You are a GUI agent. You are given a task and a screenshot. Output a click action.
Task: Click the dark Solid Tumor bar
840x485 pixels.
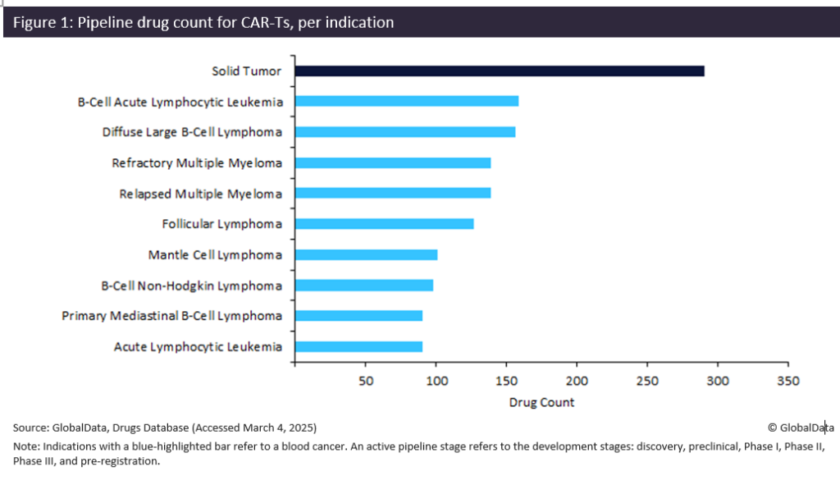point(499,71)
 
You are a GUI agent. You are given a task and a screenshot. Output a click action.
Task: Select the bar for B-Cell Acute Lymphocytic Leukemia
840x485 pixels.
point(406,101)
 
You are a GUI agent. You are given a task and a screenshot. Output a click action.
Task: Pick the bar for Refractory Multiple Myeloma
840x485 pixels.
point(392,162)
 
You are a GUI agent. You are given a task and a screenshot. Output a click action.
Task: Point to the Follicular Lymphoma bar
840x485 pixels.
point(384,224)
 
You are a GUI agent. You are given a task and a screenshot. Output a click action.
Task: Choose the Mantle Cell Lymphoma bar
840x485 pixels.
point(366,254)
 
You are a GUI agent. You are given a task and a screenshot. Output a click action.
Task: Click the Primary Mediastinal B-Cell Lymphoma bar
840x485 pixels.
point(358,316)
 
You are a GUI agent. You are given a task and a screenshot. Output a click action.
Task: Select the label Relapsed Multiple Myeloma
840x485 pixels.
point(200,194)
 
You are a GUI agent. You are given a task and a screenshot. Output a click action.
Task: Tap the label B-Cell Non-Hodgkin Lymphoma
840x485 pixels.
point(191,286)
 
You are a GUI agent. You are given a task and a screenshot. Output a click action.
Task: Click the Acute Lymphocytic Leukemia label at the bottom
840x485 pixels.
point(198,346)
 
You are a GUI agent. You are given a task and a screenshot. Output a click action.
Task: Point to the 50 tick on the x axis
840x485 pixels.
point(366,382)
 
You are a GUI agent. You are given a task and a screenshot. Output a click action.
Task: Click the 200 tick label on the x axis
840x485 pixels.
point(577,382)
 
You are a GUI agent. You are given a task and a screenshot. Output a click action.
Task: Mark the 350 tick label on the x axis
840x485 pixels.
point(788,382)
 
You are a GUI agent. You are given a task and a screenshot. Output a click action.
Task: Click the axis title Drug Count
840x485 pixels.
point(541,402)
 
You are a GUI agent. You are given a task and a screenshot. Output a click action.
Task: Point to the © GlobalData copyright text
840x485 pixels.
point(801,428)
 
